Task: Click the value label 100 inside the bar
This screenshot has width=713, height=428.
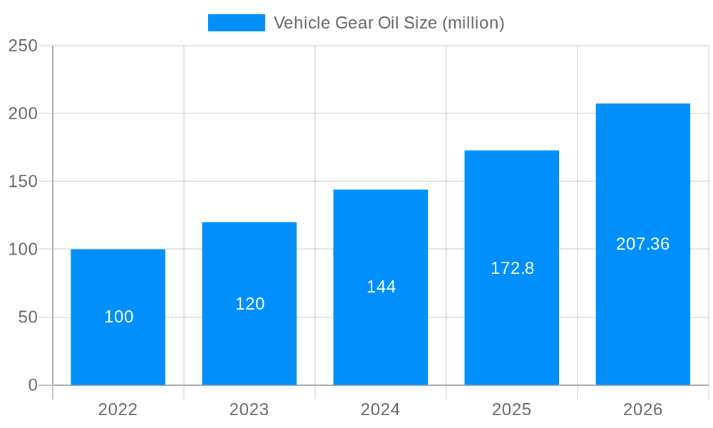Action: tap(118, 317)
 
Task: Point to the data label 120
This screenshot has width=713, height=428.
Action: tap(250, 304)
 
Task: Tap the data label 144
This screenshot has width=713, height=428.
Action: tap(381, 287)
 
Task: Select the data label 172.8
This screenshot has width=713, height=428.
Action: tap(512, 268)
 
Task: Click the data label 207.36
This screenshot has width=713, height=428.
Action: tap(643, 244)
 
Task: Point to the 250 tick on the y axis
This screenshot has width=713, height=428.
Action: tap(23, 46)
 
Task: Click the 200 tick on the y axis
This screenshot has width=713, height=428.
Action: tap(23, 113)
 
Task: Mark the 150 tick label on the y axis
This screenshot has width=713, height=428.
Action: tap(23, 181)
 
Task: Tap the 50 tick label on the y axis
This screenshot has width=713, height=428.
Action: tap(28, 317)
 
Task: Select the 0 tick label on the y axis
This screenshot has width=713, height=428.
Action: tap(33, 385)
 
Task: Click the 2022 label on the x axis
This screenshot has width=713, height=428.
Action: tap(118, 409)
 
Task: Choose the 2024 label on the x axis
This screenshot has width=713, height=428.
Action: tap(381, 409)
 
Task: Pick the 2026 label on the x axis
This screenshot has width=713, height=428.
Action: tap(643, 409)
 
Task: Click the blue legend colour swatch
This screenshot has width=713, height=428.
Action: tap(236, 23)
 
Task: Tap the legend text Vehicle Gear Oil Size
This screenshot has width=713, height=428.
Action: tap(389, 23)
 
